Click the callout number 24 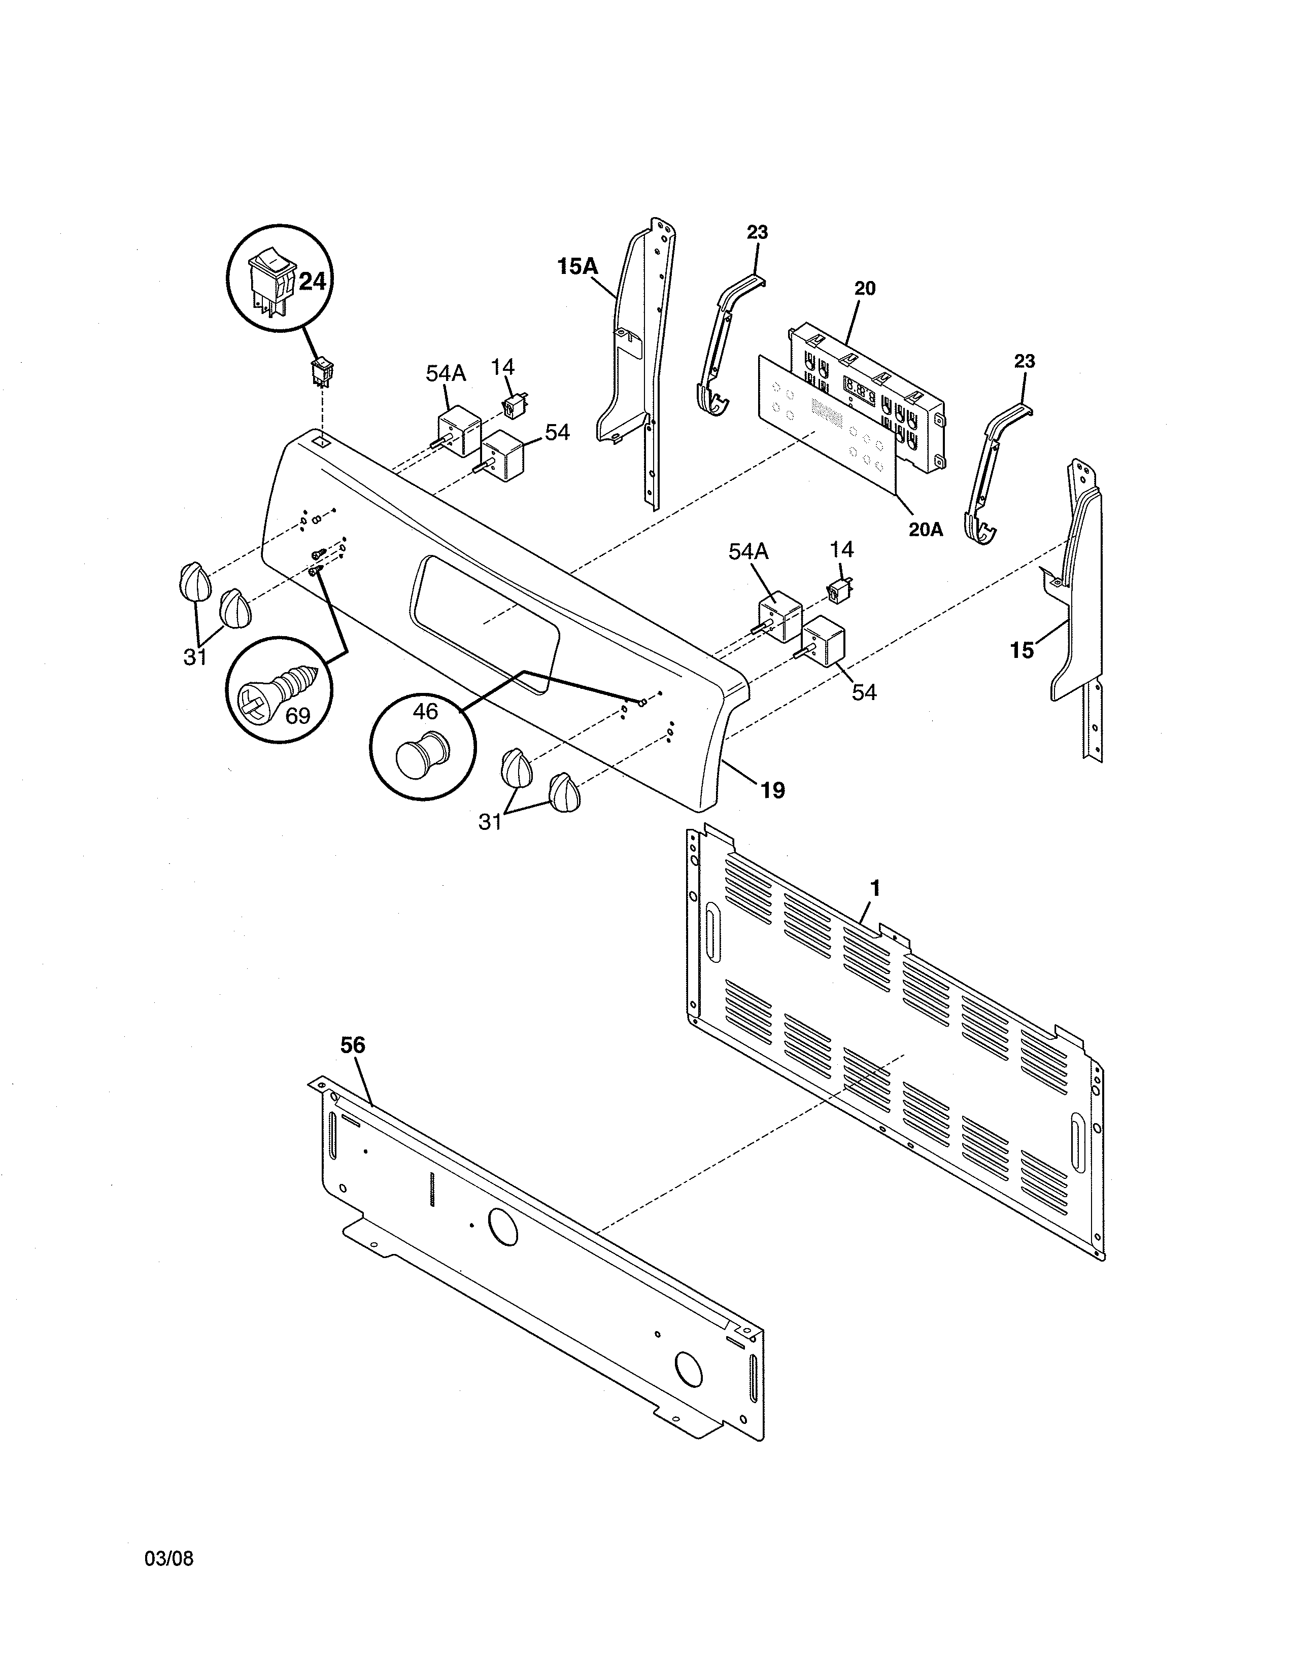pos(312,282)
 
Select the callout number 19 pos(773,790)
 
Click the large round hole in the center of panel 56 pos(502,1227)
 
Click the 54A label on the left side pos(446,373)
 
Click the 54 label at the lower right pos(864,692)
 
